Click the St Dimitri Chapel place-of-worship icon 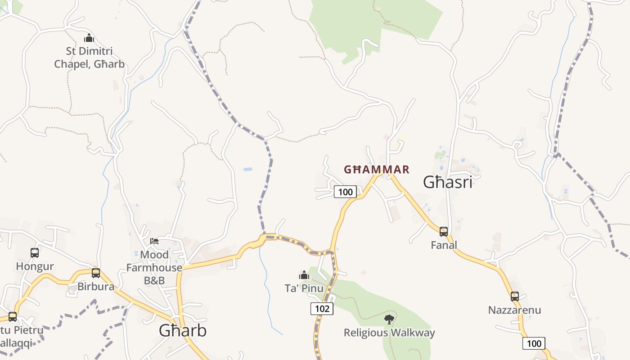(x=89, y=38)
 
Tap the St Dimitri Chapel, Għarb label (x=89, y=58)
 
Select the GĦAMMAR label (x=377, y=170)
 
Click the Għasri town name (x=448, y=182)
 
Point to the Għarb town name (x=183, y=331)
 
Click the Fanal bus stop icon (x=444, y=232)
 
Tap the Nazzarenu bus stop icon (x=515, y=297)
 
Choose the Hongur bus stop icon (x=35, y=253)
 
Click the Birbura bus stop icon (x=96, y=273)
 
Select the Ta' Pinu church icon (x=304, y=274)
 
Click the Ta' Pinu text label (x=304, y=288)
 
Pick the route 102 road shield (x=322, y=309)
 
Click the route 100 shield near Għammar (x=345, y=192)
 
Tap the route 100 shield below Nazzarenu (x=534, y=344)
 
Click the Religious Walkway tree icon (x=389, y=319)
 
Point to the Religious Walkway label (x=389, y=333)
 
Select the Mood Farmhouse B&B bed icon (x=154, y=241)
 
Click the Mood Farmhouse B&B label (x=154, y=268)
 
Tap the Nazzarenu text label (x=515, y=310)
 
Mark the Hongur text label (x=35, y=266)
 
